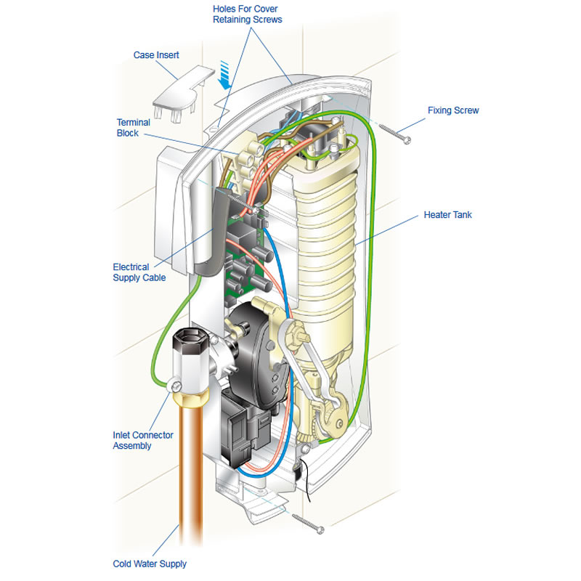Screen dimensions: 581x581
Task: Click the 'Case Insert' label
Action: [x=156, y=55]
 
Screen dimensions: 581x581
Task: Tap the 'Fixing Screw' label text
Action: [x=453, y=110]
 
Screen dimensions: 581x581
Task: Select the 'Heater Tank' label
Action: [x=447, y=215]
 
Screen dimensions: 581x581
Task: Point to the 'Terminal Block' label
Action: [x=133, y=128]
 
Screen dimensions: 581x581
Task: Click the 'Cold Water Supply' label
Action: [x=150, y=564]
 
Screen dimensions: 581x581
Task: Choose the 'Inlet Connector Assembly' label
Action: [x=142, y=440]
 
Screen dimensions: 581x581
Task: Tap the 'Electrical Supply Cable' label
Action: [x=139, y=272]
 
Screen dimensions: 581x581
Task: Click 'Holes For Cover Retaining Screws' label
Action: [x=247, y=14]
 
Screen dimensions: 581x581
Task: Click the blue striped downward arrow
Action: [x=224, y=76]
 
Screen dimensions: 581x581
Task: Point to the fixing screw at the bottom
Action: [x=308, y=524]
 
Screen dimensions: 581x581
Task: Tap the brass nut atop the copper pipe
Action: [x=190, y=399]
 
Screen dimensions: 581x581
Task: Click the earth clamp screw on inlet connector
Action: [x=176, y=386]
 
